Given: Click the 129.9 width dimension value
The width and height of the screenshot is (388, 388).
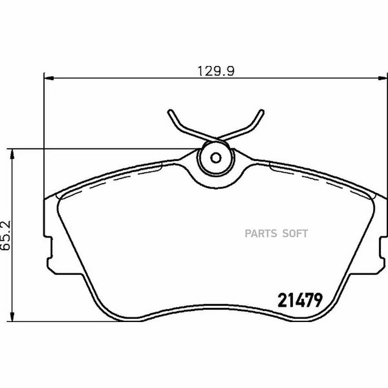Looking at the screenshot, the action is tap(216, 71).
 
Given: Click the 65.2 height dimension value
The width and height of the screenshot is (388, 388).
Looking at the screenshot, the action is tap(6, 235).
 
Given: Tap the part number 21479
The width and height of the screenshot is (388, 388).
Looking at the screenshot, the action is tap(300, 300).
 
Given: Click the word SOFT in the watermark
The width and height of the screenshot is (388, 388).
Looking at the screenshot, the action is tap(295, 233).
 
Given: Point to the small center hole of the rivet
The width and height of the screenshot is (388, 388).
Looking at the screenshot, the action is tap(216, 157).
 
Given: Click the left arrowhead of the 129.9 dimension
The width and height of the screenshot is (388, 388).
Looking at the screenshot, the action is tap(49, 78).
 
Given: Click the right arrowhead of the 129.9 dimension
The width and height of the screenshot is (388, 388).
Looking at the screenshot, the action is tap(383, 78).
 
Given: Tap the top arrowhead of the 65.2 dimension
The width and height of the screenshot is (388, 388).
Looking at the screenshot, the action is tap(12, 153).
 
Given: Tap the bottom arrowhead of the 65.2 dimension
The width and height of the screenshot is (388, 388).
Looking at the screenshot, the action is tap(12, 317).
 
